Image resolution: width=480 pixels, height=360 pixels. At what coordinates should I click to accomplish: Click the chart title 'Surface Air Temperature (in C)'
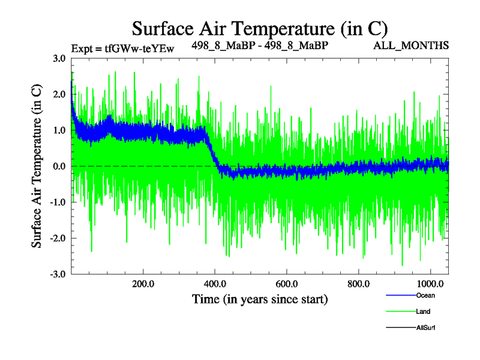point(260,29)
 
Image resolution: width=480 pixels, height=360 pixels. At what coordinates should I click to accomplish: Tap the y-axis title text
point(37,166)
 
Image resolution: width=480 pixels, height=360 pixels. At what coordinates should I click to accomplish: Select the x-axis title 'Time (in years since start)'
point(260,298)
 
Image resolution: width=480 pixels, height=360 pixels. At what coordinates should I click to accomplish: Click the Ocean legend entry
point(425,295)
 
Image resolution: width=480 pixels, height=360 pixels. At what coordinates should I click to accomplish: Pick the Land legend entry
point(423,311)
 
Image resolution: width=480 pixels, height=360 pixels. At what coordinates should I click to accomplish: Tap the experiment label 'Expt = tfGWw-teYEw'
point(122,49)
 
